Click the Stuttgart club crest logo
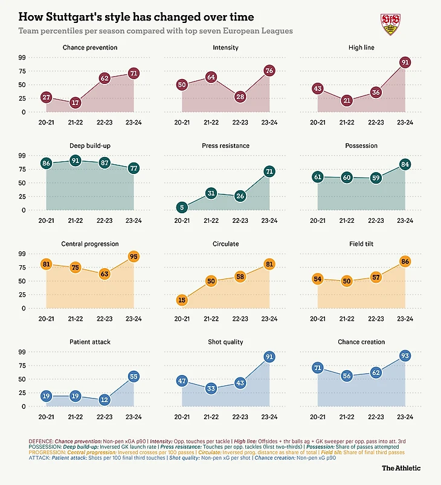click(x=390, y=23)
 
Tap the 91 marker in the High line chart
click(x=405, y=62)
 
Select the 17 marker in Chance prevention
click(x=75, y=103)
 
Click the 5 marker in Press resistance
click(x=182, y=207)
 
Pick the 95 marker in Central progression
click(x=134, y=256)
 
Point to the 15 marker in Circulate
click(x=182, y=300)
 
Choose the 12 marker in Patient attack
click(x=104, y=400)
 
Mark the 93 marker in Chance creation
click(x=405, y=356)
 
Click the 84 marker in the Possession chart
click(x=405, y=164)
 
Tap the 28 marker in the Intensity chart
click(x=240, y=97)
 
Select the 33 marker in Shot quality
click(x=211, y=388)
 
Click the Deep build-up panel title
click(x=89, y=146)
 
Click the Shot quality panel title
click(x=225, y=342)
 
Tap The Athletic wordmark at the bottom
click(x=401, y=467)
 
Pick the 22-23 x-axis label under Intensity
click(x=240, y=122)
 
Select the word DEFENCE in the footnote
click(x=40, y=442)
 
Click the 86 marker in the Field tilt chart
click(x=405, y=261)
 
